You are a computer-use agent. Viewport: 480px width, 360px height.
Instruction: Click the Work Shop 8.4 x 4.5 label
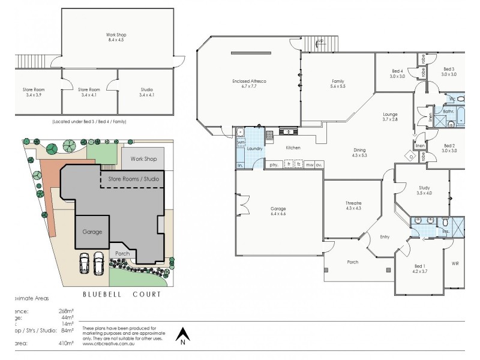click(117, 37)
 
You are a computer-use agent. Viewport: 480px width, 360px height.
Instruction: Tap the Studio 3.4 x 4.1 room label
click(146, 92)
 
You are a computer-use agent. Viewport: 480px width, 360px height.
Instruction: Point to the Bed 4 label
click(397, 73)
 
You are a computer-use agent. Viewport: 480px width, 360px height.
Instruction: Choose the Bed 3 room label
click(449, 71)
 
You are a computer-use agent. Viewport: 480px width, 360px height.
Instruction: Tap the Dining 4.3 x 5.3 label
click(359, 153)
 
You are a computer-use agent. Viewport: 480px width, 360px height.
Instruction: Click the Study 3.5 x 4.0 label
click(424, 190)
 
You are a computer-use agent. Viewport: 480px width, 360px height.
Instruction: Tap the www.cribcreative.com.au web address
click(109, 344)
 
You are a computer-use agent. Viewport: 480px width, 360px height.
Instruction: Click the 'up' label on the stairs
click(320, 41)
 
